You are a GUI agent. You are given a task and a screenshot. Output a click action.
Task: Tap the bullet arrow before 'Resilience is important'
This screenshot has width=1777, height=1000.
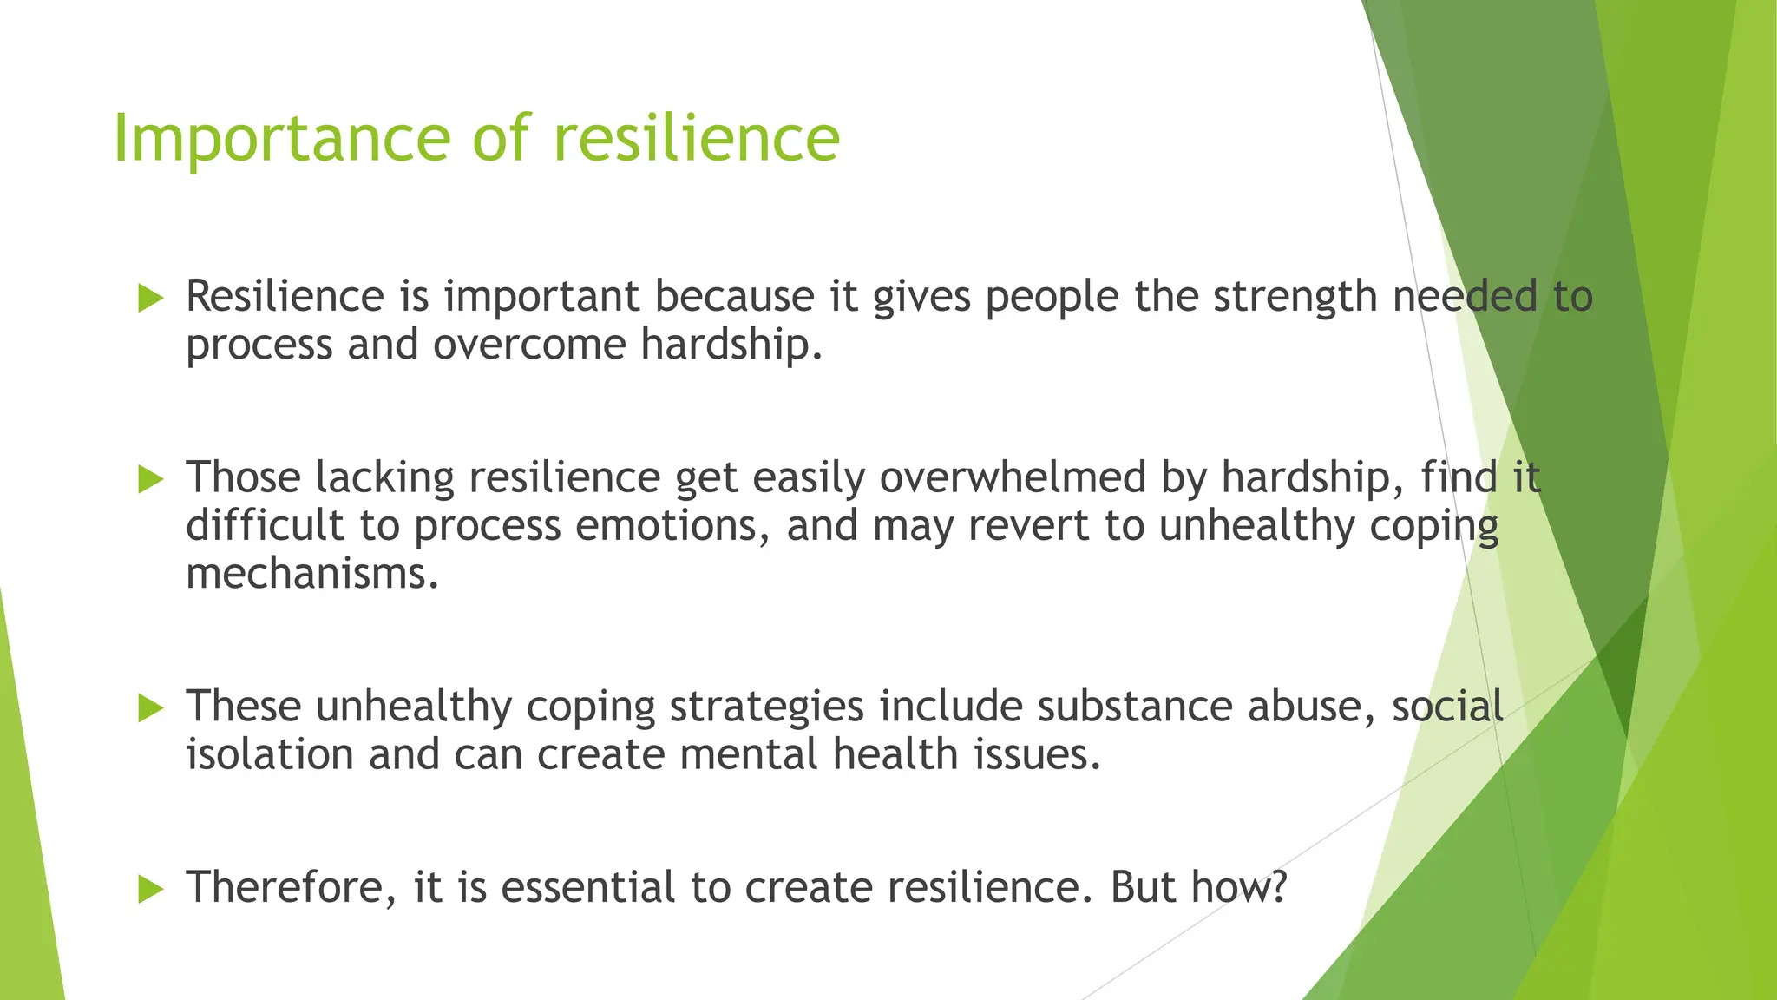click(151, 299)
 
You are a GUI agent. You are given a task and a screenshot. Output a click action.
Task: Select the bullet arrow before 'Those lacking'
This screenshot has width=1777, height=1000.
click(151, 479)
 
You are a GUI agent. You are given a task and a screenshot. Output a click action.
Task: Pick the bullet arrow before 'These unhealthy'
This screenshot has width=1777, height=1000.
click(151, 708)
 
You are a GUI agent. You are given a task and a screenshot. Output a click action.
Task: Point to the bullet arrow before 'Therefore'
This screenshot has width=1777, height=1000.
click(151, 889)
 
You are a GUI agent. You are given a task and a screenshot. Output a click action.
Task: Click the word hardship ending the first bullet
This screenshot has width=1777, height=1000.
click(731, 345)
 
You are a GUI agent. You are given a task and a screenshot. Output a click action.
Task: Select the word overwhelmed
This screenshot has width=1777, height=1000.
click(1013, 477)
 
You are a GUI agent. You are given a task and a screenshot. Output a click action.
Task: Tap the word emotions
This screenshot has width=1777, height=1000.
click(672, 526)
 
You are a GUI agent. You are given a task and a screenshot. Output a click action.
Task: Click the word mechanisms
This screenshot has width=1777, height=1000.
click(311, 574)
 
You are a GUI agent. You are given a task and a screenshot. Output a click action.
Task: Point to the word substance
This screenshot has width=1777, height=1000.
click(1134, 707)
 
